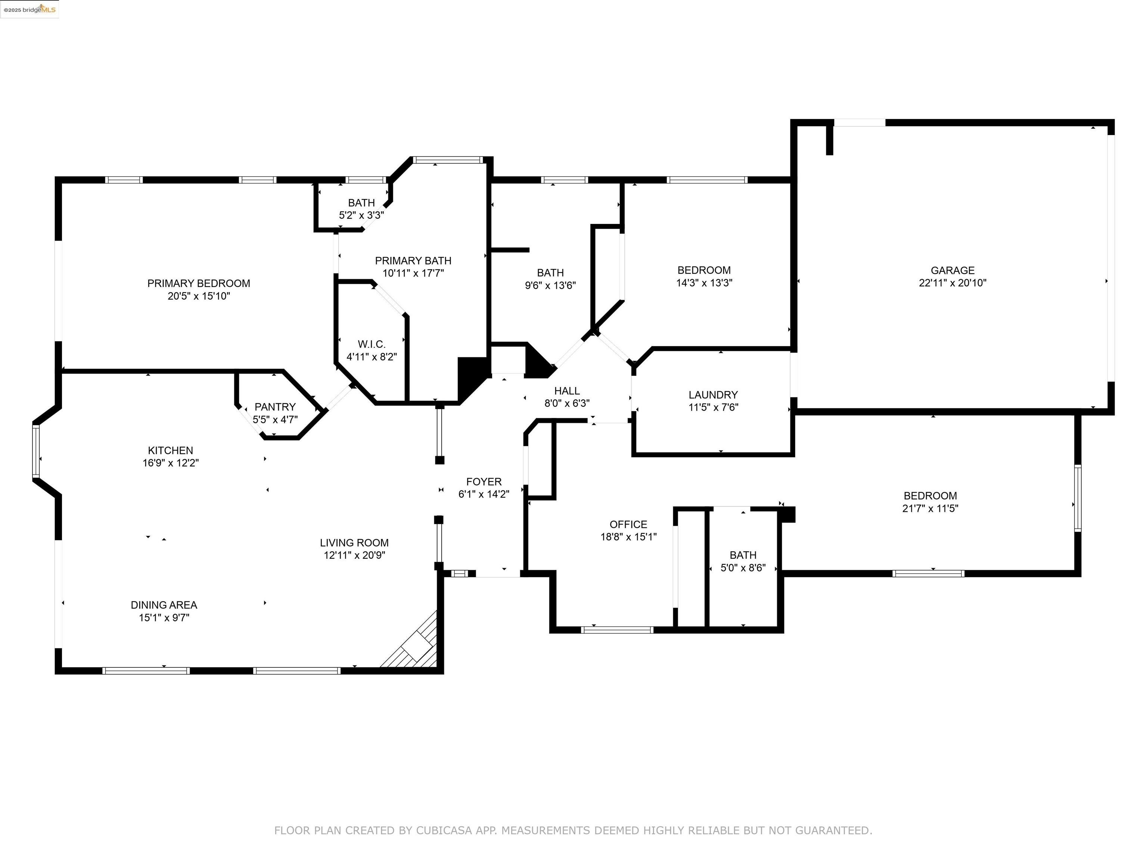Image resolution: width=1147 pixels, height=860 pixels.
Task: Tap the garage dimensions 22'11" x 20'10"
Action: coord(952,283)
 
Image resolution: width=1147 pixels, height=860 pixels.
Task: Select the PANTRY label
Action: coord(275,407)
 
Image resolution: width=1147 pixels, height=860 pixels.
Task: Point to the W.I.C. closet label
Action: coord(371,344)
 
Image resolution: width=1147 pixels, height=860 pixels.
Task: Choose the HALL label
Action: coord(567,391)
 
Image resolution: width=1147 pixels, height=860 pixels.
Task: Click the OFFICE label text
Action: coord(628,524)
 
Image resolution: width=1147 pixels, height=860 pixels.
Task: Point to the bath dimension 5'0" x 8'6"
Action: coord(743,568)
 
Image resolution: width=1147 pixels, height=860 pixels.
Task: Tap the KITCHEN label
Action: coord(170,451)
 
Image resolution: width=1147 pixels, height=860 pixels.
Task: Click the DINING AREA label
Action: coord(164,605)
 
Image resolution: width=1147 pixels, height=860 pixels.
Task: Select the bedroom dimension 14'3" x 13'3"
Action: coord(704,283)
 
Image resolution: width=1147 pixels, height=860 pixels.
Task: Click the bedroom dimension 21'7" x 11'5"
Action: coord(930,508)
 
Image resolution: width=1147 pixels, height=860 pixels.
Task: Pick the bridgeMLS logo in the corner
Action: coord(29,9)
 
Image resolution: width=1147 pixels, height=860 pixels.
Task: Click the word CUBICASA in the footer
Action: coord(444,831)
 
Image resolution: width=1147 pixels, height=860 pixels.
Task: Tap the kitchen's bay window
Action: coord(36,451)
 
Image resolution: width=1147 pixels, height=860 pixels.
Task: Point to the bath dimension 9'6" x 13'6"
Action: coord(550,285)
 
